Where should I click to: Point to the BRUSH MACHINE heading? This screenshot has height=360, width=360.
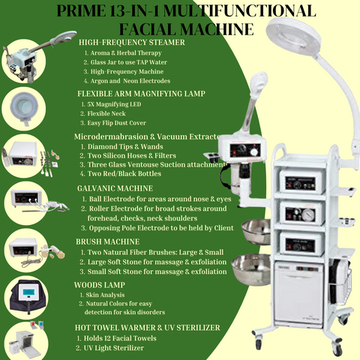click(108, 242)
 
